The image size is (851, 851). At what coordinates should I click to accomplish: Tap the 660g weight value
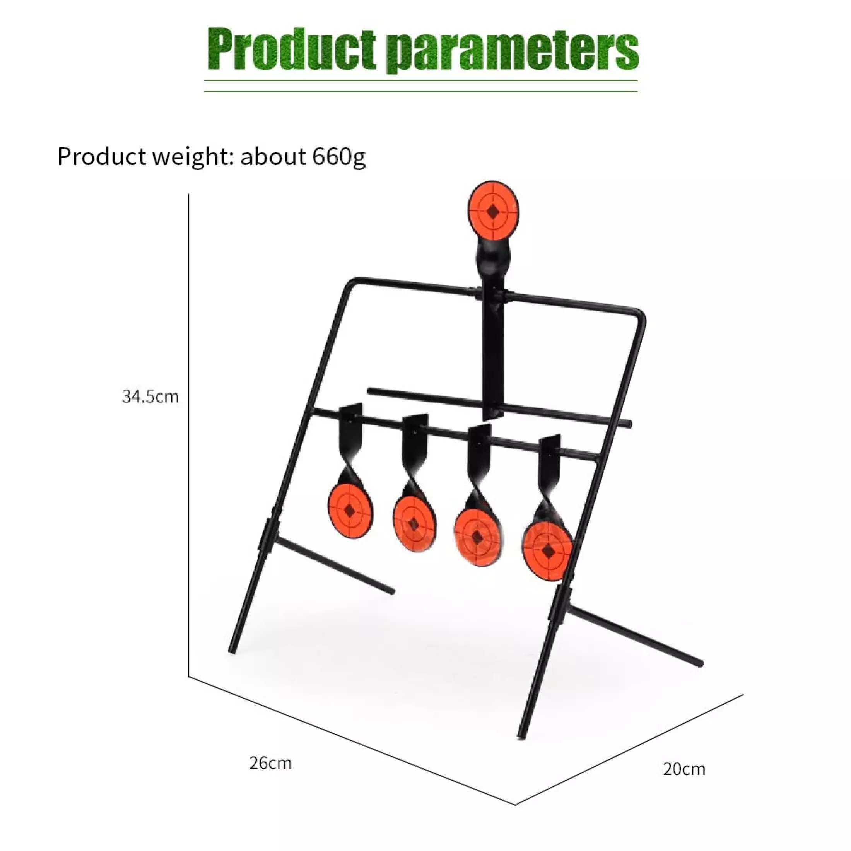tap(339, 157)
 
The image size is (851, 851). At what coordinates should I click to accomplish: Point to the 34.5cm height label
tap(150, 397)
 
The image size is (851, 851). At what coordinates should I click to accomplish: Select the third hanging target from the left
tap(476, 537)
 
